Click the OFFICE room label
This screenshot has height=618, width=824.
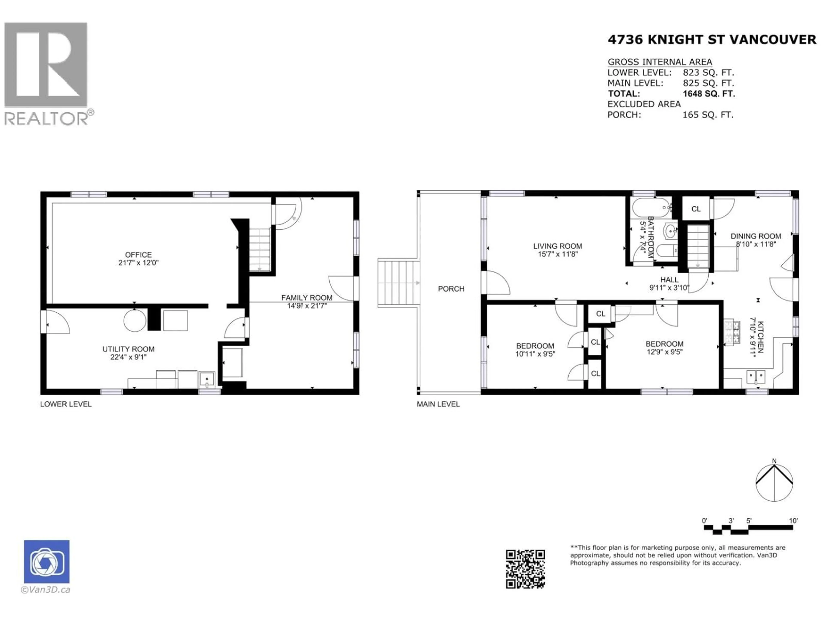pos(138,255)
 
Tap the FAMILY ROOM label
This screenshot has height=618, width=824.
pos(307,298)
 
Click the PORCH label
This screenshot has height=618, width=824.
pos(451,289)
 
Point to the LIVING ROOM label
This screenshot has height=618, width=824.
pos(557,246)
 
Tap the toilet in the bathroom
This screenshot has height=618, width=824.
pos(665,251)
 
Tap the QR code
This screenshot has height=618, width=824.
pos(525,569)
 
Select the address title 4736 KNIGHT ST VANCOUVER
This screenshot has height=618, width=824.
pos(712,39)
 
